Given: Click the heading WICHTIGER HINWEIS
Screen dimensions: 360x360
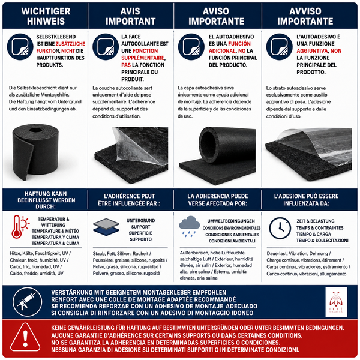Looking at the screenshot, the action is click(x=46, y=16).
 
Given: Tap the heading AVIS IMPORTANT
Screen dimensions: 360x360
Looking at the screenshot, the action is click(x=130, y=16).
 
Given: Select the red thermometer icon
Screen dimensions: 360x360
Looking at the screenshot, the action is click(x=20, y=227).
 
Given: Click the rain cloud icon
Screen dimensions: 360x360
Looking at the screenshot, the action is click(x=189, y=226).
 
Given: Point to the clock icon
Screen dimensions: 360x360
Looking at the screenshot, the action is click(x=280, y=228).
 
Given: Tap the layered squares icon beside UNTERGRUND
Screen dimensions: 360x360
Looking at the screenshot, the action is click(x=106, y=227).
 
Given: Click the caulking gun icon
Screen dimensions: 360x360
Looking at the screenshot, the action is click(x=28, y=302).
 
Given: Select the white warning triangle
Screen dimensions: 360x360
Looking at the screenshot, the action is click(x=25, y=337).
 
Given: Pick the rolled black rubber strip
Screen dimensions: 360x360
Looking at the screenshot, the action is click(x=35, y=152).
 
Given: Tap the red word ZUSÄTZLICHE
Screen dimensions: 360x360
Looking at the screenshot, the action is click(x=70, y=44).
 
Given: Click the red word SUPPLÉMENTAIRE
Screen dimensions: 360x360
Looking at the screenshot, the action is click(x=143, y=58).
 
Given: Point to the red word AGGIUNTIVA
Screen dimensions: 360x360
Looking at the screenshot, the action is click(x=312, y=51).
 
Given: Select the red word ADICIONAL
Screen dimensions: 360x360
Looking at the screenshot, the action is click(x=222, y=51).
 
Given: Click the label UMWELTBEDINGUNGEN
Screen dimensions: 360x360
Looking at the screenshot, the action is click(x=231, y=221).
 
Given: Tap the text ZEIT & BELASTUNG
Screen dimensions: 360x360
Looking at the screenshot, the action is click(x=316, y=221).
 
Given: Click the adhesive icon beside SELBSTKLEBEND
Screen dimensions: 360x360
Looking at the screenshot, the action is click(x=20, y=47).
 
